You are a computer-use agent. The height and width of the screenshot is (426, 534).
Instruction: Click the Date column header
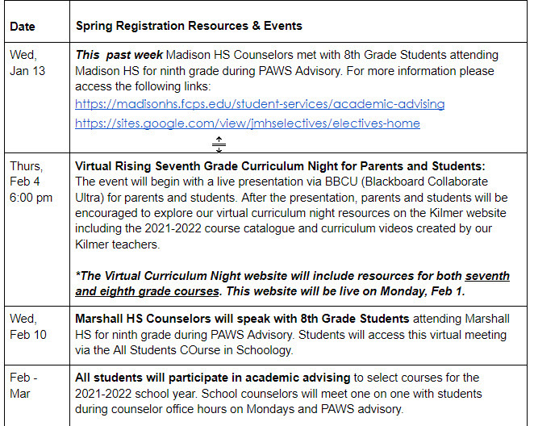(x=23, y=26)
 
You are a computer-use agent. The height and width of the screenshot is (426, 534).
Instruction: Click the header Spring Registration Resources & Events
(x=189, y=26)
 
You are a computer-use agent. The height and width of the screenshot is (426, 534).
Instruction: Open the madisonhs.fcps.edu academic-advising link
(x=260, y=104)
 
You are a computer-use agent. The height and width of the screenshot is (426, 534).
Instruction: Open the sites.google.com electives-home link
(x=248, y=123)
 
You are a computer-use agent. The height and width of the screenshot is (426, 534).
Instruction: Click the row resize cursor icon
(x=219, y=144)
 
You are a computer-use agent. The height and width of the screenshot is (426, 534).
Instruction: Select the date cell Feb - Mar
(x=24, y=386)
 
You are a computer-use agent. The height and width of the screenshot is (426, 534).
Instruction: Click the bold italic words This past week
(x=118, y=55)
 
